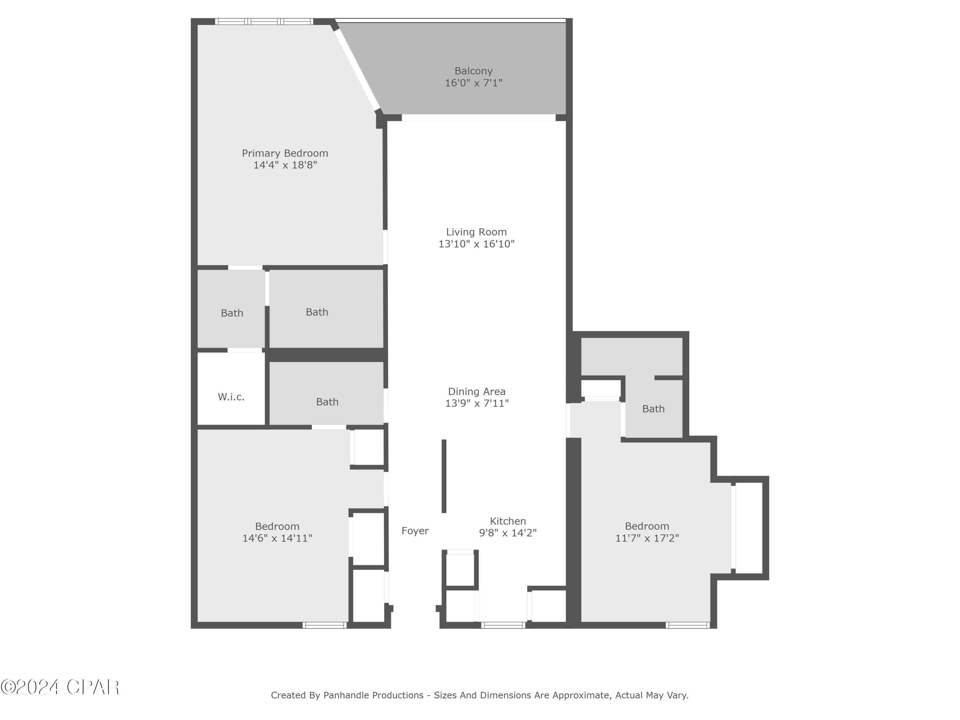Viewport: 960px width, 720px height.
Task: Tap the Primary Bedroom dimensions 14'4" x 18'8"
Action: (x=285, y=165)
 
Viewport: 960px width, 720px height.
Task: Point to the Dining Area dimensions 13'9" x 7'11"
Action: (x=476, y=403)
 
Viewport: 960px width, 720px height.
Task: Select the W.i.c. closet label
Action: (x=231, y=396)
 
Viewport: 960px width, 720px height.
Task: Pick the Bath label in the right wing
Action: (x=653, y=408)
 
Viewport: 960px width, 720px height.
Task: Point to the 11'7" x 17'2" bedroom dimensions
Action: (x=647, y=538)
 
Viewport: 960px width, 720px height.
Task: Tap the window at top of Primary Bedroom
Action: (x=264, y=21)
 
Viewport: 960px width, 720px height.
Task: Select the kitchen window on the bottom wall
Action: (x=503, y=625)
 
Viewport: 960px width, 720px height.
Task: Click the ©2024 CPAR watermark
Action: (x=60, y=687)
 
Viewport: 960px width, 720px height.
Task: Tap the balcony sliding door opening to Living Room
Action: (x=478, y=118)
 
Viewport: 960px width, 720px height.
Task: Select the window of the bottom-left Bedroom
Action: (x=324, y=625)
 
